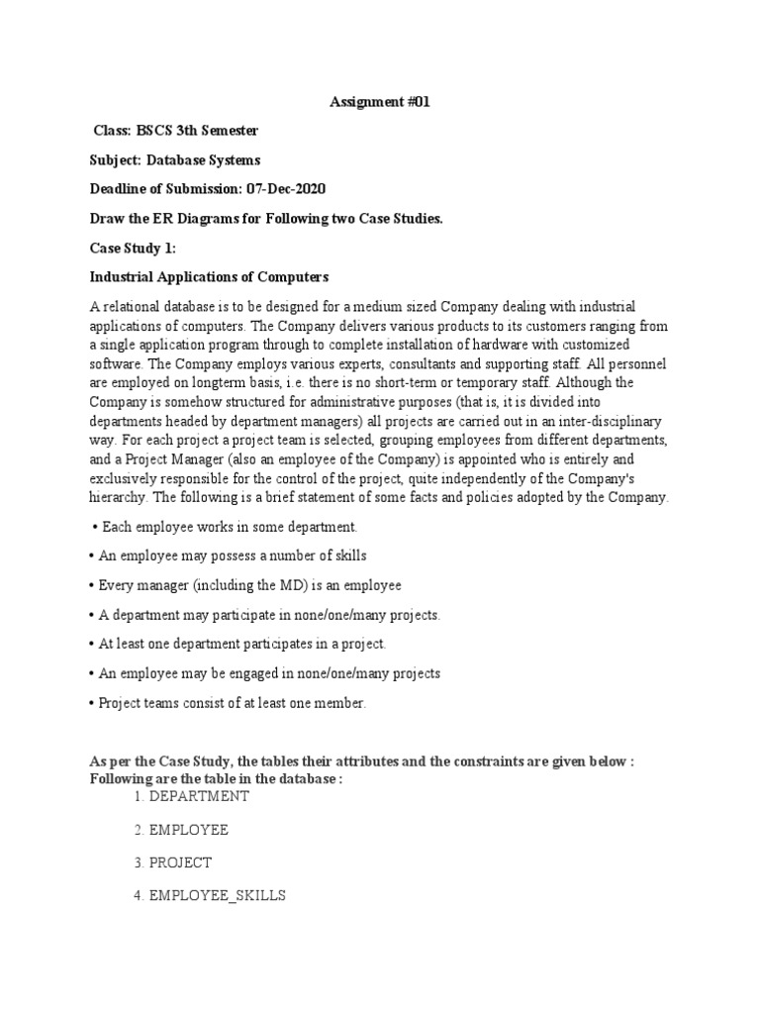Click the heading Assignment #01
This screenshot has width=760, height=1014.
coord(380,102)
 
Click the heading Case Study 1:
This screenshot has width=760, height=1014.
coord(133,247)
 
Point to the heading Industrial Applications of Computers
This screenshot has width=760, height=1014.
coord(209,276)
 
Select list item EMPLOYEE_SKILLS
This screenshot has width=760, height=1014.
coord(217,894)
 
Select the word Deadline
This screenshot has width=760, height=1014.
coord(119,188)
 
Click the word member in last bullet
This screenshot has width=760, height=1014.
coord(340,702)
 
